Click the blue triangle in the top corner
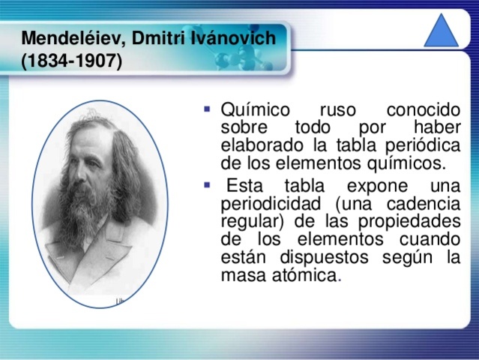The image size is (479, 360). click(442, 33)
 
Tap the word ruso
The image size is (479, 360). click(338, 111)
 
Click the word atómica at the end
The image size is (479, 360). click(305, 276)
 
